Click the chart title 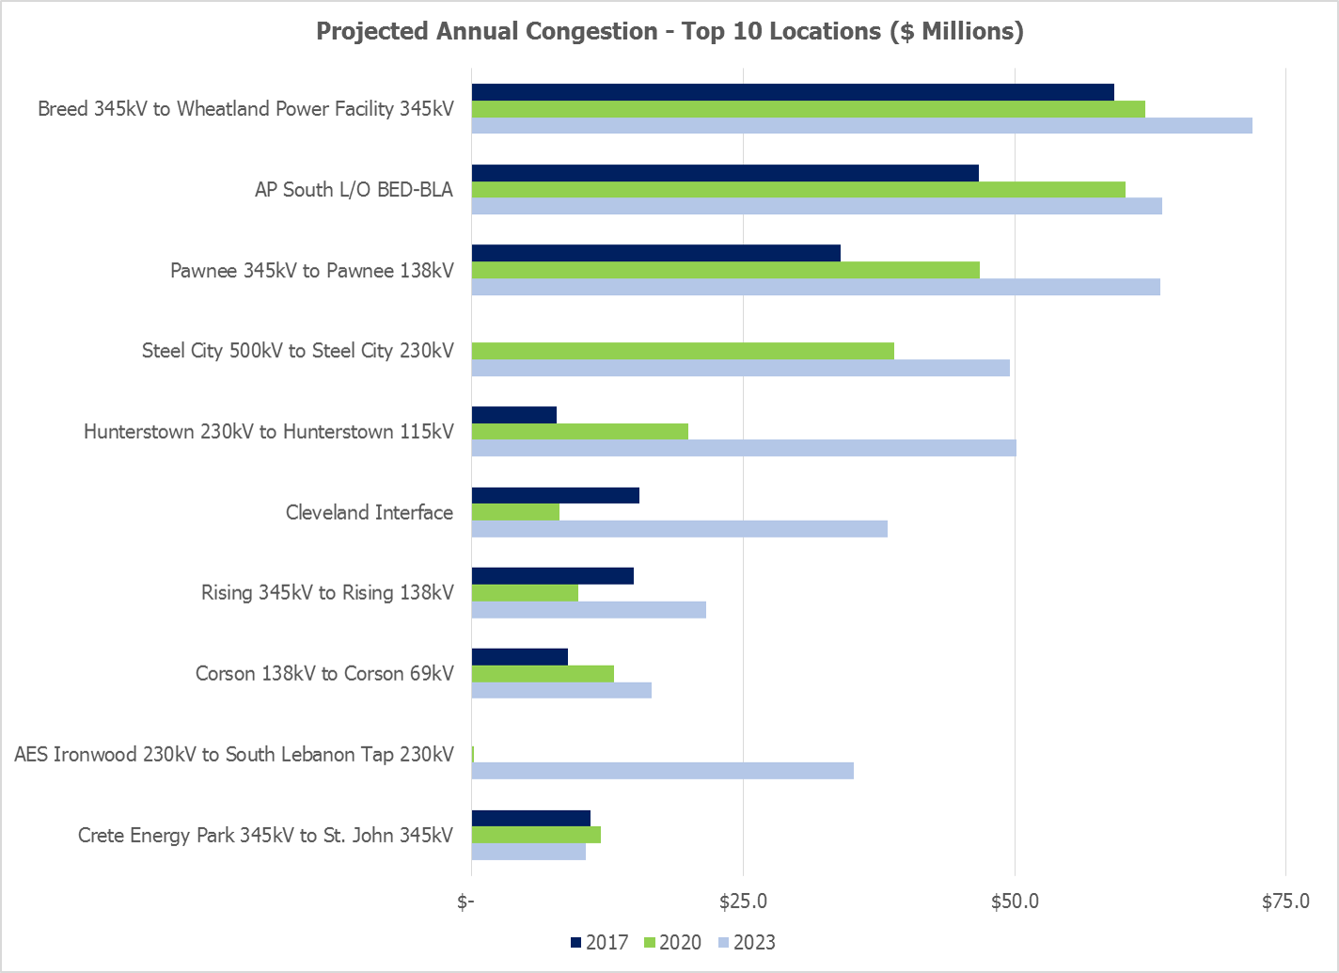tap(669, 31)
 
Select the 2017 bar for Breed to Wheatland tap(793, 92)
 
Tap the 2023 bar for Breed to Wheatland tap(861, 126)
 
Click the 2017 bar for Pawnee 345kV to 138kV tap(655, 253)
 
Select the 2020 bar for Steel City tap(683, 351)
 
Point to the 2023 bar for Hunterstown tap(744, 448)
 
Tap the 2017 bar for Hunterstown tap(514, 415)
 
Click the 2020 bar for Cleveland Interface tap(515, 512)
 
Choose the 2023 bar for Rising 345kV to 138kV tap(589, 610)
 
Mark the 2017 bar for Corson tap(520, 656)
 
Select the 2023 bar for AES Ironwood tap(663, 771)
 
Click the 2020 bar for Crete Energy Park tap(536, 835)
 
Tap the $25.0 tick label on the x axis tap(743, 902)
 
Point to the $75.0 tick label tap(1285, 902)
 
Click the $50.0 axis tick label tap(1015, 902)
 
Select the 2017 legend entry tap(599, 943)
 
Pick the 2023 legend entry tap(748, 943)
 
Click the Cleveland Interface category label tap(370, 512)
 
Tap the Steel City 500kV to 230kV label tap(298, 351)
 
